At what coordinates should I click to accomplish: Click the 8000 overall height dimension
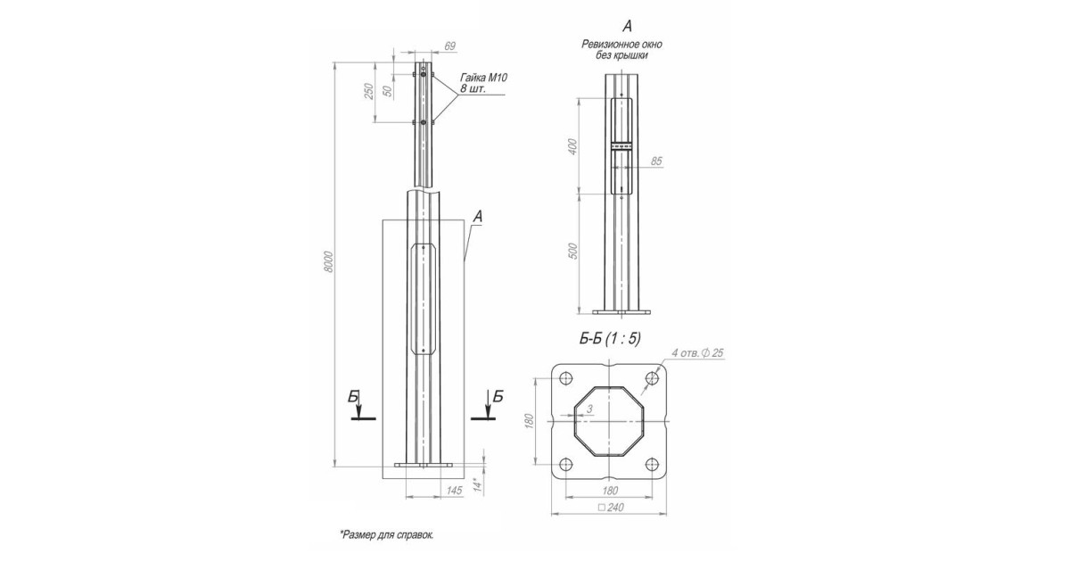pos(328,261)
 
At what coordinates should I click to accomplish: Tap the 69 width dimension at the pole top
pos(450,45)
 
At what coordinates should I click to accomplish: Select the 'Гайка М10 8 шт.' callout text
pos(483,83)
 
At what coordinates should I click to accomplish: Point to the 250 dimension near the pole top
pos(369,91)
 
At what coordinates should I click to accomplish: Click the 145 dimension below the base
pos(454,491)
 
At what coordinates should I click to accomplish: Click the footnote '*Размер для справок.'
pos(387,534)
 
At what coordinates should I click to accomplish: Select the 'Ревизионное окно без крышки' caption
pos(622,50)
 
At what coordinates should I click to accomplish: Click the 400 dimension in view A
pos(573,146)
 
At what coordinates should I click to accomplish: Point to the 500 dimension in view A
pos(573,251)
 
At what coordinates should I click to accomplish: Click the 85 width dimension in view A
pos(656,161)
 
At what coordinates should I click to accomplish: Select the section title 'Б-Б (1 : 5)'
pos(610,339)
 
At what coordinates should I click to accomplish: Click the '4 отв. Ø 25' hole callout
pos(697,353)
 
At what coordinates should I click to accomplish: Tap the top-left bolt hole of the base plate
pos(565,378)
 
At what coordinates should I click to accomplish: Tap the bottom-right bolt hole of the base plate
pos(653,464)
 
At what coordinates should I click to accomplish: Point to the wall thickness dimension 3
pos(589,409)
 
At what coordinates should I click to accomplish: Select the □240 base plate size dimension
pos(611,507)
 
